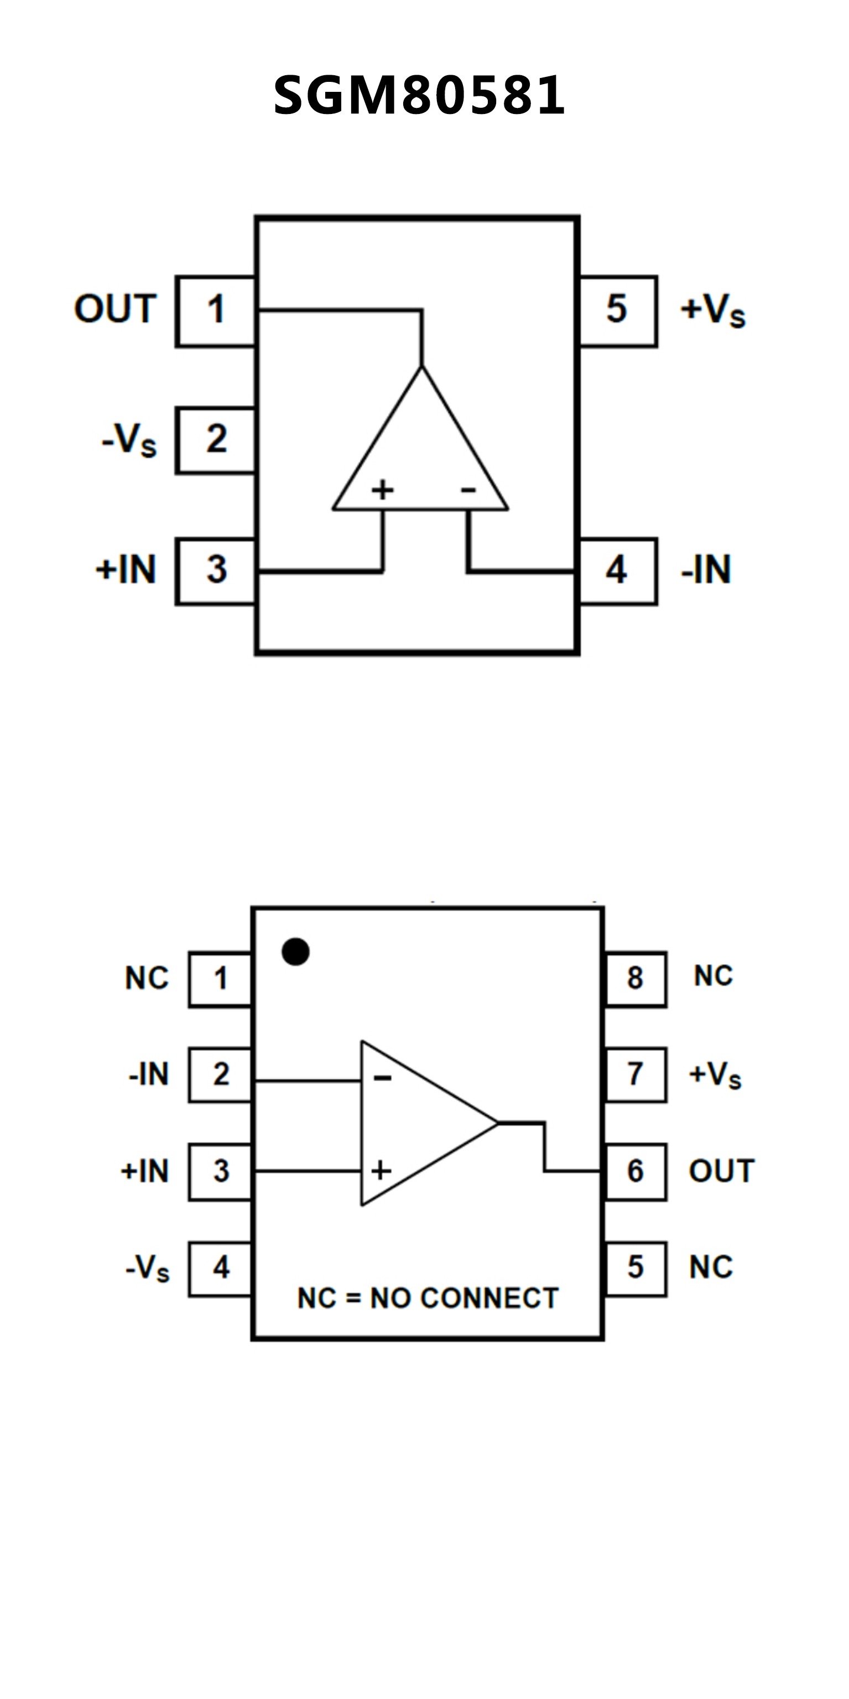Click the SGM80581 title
[419, 96]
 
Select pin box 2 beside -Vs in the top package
[216, 440]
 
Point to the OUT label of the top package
[116, 309]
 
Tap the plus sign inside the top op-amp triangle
[382, 490]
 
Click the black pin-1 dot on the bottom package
[295, 952]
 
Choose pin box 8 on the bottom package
[636, 979]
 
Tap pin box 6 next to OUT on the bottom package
[636, 1171]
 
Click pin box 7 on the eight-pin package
[636, 1074]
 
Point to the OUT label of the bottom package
[722, 1171]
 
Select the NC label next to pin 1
[147, 978]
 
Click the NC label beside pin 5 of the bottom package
[711, 1267]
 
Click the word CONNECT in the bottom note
[489, 1298]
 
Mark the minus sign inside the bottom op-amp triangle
[382, 1078]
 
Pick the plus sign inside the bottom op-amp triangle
[381, 1171]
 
